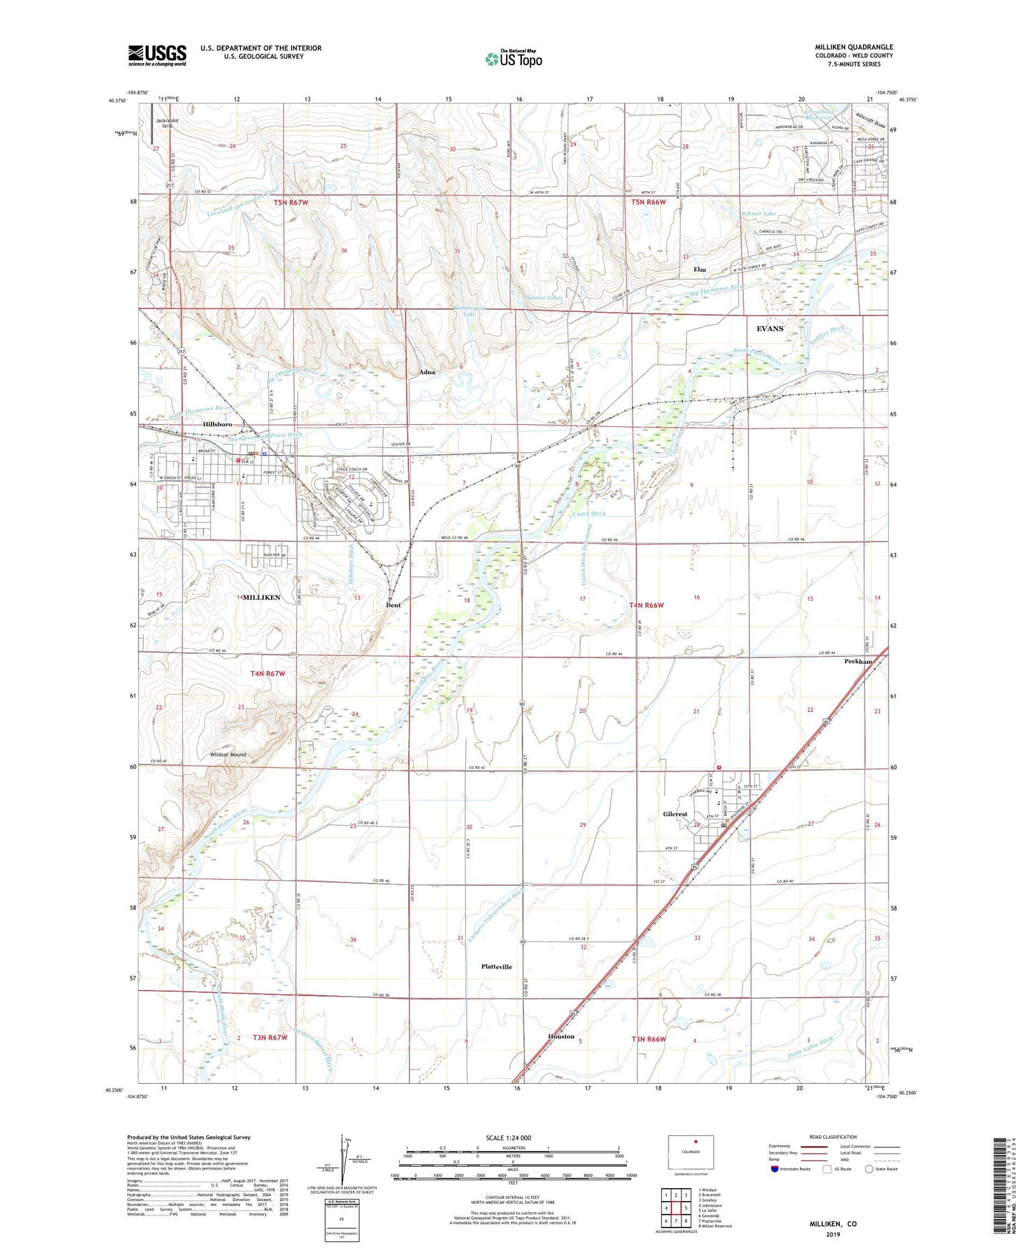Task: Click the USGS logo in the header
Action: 157,55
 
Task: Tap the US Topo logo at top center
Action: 513,59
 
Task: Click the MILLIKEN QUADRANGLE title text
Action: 854,47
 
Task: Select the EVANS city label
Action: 770,328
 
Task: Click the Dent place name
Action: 393,605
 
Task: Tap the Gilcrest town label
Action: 675,814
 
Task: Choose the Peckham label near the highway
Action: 859,662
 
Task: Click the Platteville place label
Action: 497,966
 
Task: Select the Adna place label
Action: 427,372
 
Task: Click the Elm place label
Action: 699,270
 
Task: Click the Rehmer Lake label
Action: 758,213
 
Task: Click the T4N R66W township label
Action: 647,605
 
